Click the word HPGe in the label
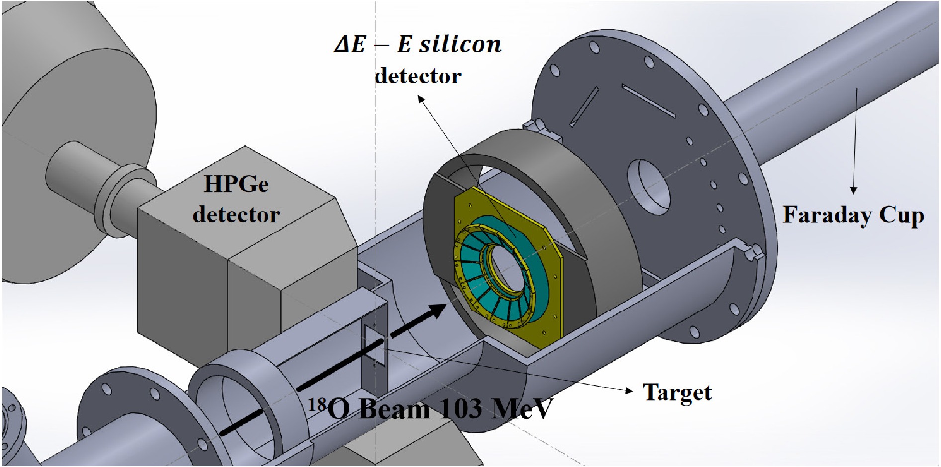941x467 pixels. point(236,184)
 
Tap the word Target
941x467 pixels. point(677,392)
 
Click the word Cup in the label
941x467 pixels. point(902,215)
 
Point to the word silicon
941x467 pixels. point(461,44)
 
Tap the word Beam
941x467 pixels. point(394,409)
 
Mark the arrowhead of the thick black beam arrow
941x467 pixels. point(436,311)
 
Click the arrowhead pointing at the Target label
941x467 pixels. point(629,390)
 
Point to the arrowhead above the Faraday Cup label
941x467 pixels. point(853,190)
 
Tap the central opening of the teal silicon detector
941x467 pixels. point(509,269)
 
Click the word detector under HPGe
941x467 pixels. point(236,214)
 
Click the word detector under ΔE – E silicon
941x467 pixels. point(418,76)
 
